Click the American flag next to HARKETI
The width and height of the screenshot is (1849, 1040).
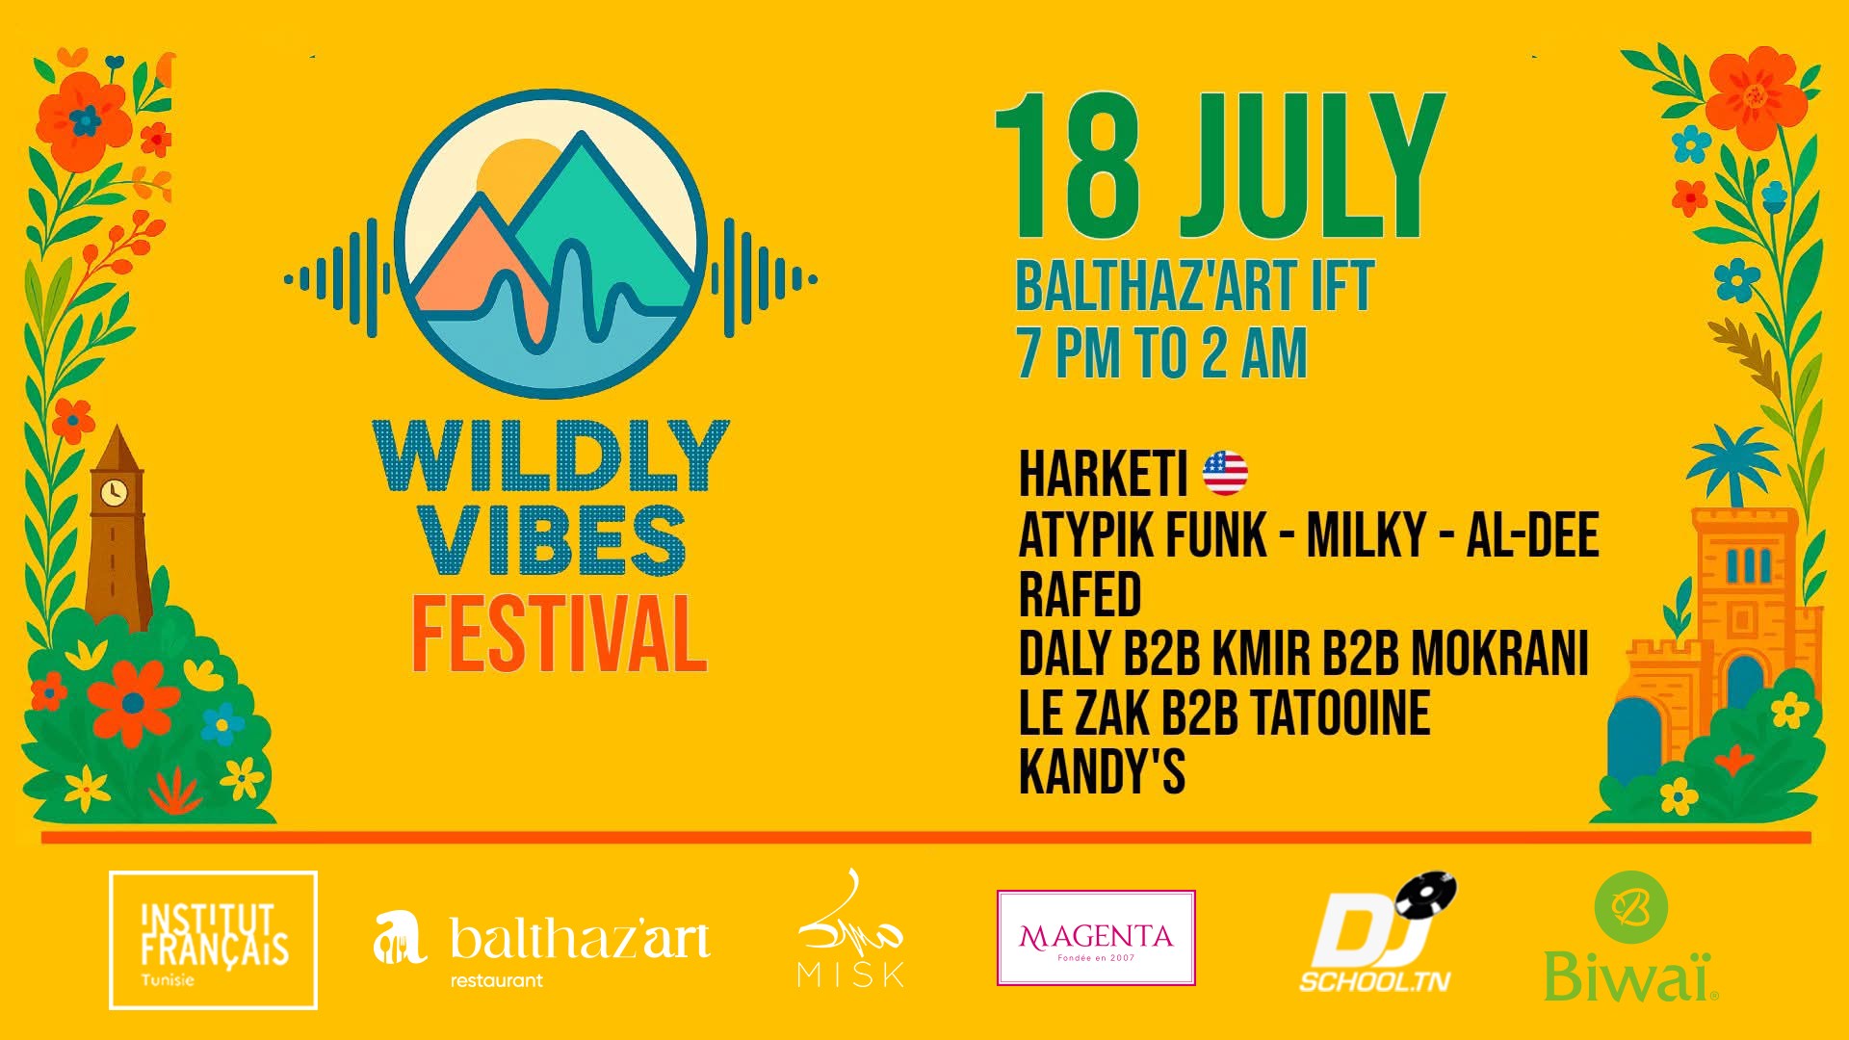tap(1225, 473)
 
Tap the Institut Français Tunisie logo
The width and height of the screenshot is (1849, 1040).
tap(213, 940)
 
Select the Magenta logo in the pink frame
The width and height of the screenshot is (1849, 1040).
tap(1096, 938)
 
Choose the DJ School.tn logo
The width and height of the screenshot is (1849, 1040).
tap(1377, 933)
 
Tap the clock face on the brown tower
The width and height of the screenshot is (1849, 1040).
tap(115, 492)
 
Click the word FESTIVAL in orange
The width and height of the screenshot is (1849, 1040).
tap(560, 634)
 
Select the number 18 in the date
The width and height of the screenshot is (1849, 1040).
tap(1069, 166)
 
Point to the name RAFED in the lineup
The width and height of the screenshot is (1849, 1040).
tap(1080, 594)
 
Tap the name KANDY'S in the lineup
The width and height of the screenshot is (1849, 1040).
tap(1102, 771)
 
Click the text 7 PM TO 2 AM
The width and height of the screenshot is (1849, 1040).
tap(1162, 353)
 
